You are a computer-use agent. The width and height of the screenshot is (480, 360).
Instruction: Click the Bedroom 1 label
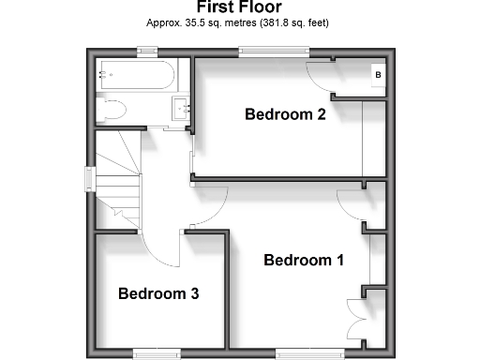coord(303,260)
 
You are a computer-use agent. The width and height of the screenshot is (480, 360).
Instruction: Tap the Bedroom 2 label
coord(285,115)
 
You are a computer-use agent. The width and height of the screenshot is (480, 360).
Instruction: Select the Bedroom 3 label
coord(158,293)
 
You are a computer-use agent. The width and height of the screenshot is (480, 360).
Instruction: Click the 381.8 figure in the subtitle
coord(277,22)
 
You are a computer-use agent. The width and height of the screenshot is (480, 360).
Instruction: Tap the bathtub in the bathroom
coord(137,74)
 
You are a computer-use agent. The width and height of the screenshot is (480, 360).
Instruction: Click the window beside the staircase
coord(91,178)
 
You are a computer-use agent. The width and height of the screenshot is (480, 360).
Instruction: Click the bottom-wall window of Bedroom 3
coord(156,352)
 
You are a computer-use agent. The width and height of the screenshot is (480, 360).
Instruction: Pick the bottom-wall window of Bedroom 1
coord(299,352)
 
